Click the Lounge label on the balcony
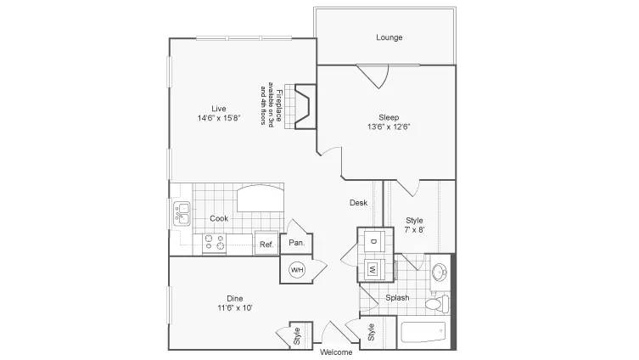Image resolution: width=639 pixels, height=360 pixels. pyautogui.click(x=390, y=37)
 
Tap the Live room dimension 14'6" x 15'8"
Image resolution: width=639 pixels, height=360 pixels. pyautogui.click(x=219, y=118)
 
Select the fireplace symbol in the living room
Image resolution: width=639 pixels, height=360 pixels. pyautogui.click(x=305, y=107)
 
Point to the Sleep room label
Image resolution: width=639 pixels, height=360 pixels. pyautogui.click(x=389, y=117)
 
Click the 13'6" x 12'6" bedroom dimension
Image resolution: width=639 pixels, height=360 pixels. pyautogui.click(x=389, y=127)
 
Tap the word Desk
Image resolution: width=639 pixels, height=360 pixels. pyautogui.click(x=359, y=203)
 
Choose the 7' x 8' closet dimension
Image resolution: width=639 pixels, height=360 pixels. pyautogui.click(x=414, y=230)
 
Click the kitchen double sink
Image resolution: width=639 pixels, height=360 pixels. pyautogui.click(x=182, y=214)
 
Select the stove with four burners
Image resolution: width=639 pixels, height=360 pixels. pyautogui.click(x=215, y=242)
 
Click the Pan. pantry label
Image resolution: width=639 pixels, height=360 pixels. pyautogui.click(x=297, y=243)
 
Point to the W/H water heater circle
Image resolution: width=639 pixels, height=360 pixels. pyautogui.click(x=297, y=269)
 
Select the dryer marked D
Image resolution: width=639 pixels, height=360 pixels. pyautogui.click(x=373, y=241)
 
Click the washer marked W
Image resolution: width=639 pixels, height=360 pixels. pyautogui.click(x=373, y=269)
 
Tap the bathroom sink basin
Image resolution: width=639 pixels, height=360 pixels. pyautogui.click(x=440, y=272)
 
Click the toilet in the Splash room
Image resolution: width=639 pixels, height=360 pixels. pyautogui.click(x=437, y=304)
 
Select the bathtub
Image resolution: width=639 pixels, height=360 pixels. pyautogui.click(x=423, y=333)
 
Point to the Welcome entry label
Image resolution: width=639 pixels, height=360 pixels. pyautogui.click(x=336, y=352)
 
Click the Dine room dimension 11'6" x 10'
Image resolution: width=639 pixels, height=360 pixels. pyautogui.click(x=235, y=308)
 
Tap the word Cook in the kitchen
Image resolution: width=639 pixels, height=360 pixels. pyautogui.click(x=219, y=218)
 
